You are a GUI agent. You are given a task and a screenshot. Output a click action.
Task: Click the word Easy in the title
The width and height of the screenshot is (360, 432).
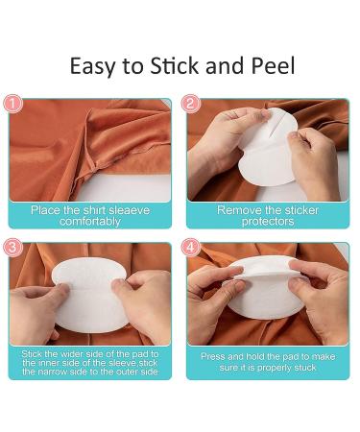coord(92,66)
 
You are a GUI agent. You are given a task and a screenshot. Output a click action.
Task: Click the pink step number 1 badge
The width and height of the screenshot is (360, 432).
coord(12,104)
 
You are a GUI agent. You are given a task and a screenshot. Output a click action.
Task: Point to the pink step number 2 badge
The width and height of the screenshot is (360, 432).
coord(191,104)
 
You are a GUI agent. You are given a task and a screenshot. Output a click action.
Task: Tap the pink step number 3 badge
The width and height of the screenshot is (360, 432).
coord(12,248)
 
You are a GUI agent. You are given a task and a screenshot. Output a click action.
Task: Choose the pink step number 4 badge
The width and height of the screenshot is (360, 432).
coord(191,248)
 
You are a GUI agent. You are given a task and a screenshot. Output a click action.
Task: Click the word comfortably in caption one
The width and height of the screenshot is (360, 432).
coord(90,222)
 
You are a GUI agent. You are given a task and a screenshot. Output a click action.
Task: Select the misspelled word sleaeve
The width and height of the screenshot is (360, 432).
coord(130,210)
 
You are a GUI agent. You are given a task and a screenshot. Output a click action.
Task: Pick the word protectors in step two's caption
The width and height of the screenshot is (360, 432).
coord(268,222)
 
